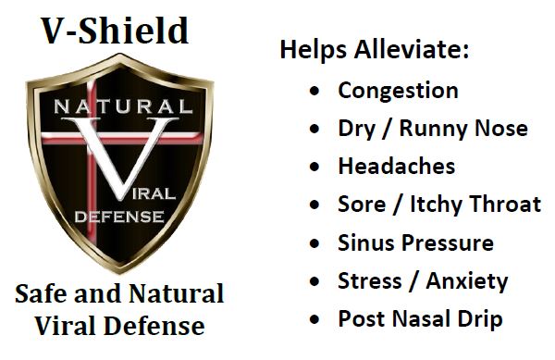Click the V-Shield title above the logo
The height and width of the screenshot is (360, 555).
(116, 31)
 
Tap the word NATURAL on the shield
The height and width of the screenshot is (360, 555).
(118, 106)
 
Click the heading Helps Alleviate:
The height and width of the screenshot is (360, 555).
(375, 50)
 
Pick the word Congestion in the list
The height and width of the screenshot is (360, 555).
(398, 91)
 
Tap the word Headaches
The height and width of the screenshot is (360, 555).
(396, 167)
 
